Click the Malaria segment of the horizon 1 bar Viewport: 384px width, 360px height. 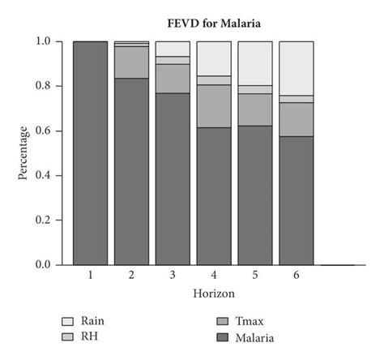click(x=89, y=152)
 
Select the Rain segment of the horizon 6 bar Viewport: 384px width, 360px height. click(x=296, y=68)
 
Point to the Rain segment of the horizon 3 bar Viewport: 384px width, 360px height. click(x=172, y=49)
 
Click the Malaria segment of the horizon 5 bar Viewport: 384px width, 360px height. click(x=254, y=195)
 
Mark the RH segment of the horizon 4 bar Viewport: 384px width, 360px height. click(x=213, y=80)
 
